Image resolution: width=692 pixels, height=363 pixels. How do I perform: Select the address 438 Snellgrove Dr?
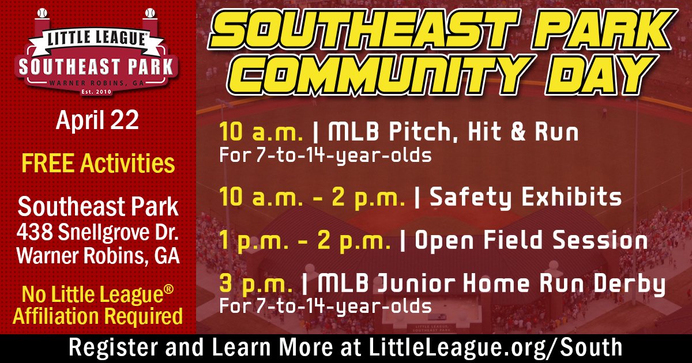click(97, 233)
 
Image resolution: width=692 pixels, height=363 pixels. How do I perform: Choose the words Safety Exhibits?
click(526, 198)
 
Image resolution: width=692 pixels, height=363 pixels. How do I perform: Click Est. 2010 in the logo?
click(97, 90)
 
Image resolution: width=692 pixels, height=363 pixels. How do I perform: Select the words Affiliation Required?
click(97, 316)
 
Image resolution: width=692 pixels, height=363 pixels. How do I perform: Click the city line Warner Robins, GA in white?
click(97, 255)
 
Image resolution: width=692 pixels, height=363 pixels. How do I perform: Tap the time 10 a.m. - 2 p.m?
click(313, 198)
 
